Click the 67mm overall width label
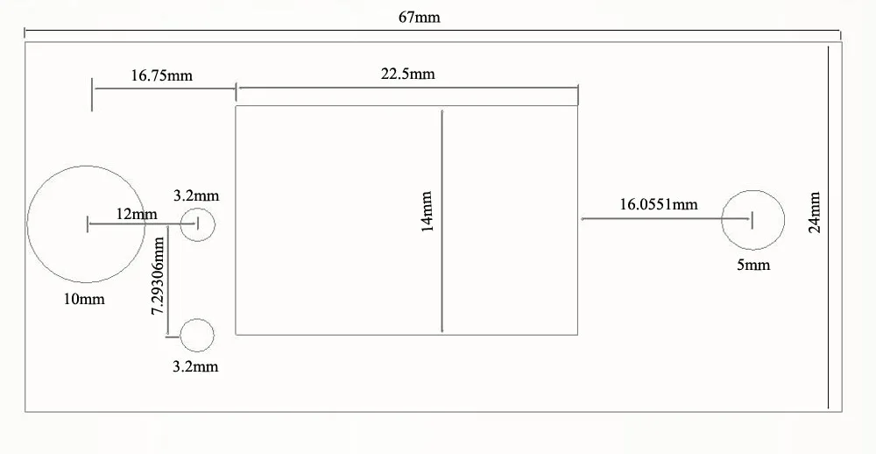coord(419,18)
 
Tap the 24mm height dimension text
coord(815,212)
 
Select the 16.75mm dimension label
coord(161,74)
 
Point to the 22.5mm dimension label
coord(408,74)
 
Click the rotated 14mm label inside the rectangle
coord(427,212)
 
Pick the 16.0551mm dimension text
coord(659,204)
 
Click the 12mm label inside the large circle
coord(137,214)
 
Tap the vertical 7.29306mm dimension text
coord(159,275)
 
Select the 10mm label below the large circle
coord(84,299)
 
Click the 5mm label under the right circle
coord(753,265)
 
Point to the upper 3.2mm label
coord(196,195)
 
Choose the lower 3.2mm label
coord(195,366)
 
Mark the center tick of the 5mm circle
coord(752,220)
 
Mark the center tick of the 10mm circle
coord(87,224)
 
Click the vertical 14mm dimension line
coord(442,222)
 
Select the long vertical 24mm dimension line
coord(828,227)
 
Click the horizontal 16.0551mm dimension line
coord(667,218)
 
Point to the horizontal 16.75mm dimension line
coord(165,89)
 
